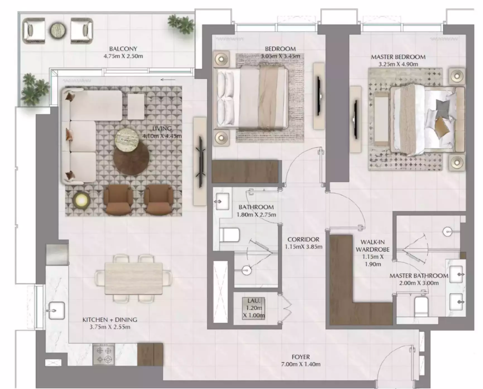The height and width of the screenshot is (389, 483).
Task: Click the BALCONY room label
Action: pos(123,49)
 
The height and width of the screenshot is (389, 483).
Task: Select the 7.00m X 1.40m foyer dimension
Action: pos(300,364)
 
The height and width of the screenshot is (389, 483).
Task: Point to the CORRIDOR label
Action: pos(303,239)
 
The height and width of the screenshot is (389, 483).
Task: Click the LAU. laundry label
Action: pos(254,301)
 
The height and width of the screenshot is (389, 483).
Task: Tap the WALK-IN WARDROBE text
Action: pos(373,246)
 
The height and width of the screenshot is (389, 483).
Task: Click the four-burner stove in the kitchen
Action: pos(104,354)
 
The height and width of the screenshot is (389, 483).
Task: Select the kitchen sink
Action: pos(56,310)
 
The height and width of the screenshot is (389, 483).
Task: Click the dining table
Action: pos(134,278)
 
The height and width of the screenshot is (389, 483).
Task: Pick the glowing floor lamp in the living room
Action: pos(81,200)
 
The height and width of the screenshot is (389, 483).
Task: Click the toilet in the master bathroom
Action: pos(421,306)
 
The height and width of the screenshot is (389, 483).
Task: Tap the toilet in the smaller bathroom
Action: pos(230,235)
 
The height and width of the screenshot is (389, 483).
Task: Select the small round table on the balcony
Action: pos(58,30)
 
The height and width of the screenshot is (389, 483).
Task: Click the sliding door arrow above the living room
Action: pos(168,80)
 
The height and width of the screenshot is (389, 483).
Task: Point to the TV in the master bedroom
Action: pos(356,119)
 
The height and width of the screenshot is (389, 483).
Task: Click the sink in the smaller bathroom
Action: pos(222,201)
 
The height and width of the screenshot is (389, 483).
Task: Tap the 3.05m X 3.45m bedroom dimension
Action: pos(281,56)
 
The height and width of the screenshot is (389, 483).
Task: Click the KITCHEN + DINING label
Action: pos(110,320)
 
